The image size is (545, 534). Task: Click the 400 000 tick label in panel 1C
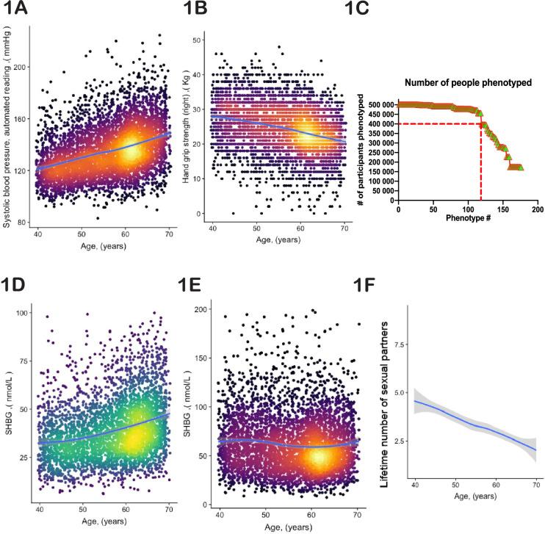376,123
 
